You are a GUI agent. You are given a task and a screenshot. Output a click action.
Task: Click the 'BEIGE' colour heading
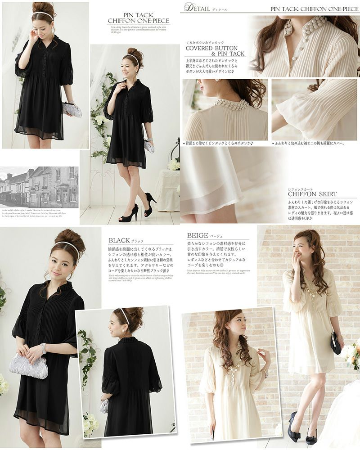point(198,235)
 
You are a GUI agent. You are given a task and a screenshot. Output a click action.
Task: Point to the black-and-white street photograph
point(39,187)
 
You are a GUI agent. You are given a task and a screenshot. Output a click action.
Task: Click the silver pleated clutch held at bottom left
point(29,365)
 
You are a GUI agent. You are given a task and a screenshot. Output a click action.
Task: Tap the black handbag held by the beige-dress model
point(336,343)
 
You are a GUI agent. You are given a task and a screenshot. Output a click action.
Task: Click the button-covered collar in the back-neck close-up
point(230,104)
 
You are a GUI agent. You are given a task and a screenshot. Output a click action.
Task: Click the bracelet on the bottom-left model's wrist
point(44,349)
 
